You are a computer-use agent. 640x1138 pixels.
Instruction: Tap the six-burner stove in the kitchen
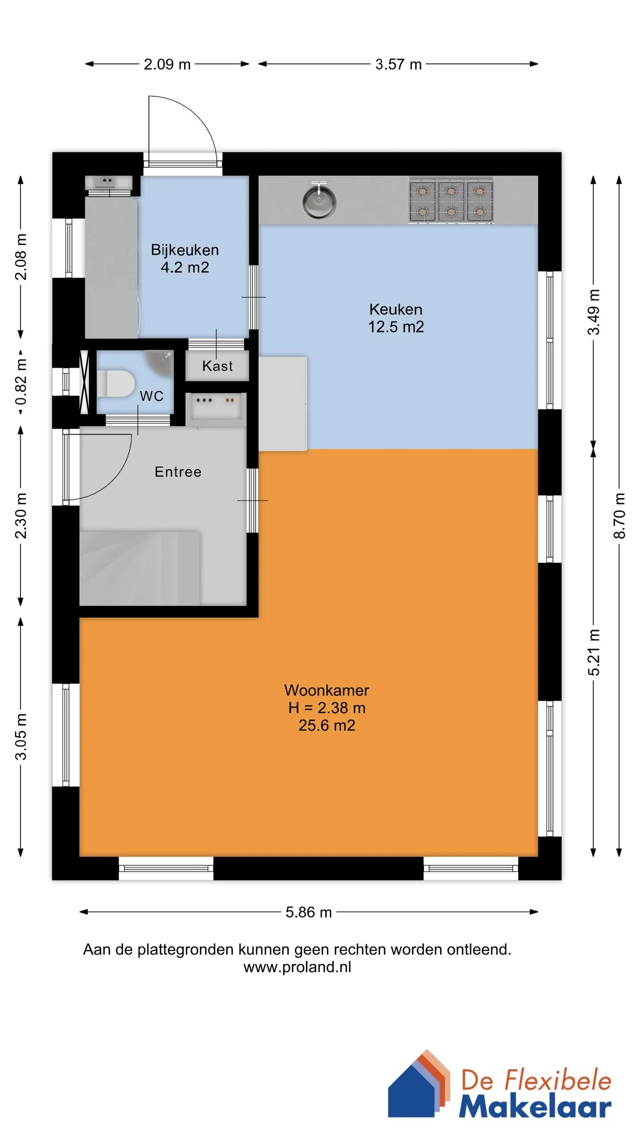point(451,200)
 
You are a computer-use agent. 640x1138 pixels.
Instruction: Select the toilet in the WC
point(116,383)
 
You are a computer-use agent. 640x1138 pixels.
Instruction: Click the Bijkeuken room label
point(185,250)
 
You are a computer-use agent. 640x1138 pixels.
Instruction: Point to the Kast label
point(217,366)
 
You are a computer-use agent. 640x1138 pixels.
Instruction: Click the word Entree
point(178,472)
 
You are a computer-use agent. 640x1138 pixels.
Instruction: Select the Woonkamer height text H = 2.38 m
point(327,708)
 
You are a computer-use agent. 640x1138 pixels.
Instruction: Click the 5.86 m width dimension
point(309,912)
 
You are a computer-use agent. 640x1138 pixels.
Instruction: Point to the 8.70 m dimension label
point(619,516)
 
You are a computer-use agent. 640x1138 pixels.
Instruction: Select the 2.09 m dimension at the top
point(167,64)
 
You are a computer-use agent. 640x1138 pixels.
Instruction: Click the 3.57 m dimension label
point(398,64)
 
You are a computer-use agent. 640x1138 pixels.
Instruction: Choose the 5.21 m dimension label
point(594,653)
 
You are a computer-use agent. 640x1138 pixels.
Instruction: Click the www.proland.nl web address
point(297,967)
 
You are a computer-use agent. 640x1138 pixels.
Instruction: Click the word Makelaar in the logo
point(535,1106)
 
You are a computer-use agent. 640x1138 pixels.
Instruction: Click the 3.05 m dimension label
point(21,737)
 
